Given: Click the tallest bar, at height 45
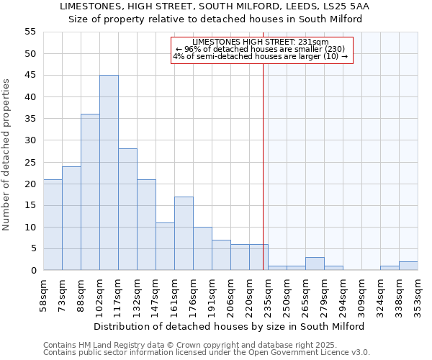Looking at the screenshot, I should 109,173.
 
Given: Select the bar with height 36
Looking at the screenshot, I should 90,192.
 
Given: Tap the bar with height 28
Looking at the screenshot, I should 127,210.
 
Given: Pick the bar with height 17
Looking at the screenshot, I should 184,233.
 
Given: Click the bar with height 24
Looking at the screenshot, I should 71,218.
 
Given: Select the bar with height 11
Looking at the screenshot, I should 165,246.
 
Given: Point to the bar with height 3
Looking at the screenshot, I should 315,264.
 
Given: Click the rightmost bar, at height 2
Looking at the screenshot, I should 408,266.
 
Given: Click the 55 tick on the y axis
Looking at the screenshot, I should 30,32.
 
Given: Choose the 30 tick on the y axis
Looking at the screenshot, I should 30,140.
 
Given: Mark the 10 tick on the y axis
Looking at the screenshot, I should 30,228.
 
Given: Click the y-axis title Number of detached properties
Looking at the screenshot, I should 6,155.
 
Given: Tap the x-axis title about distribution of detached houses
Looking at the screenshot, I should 229,326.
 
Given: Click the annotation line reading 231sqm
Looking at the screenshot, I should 261,42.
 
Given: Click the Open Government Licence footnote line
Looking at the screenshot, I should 207,352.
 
